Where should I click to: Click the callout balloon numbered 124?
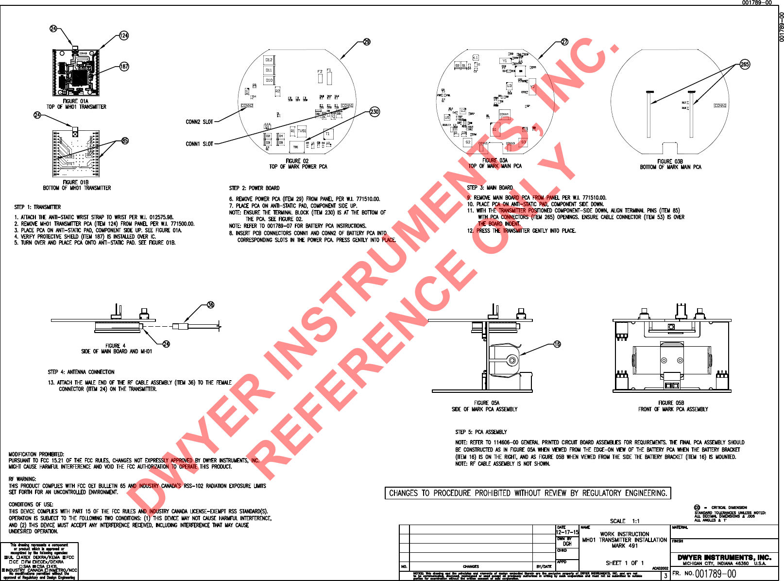(x=124, y=35)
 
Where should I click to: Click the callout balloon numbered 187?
(x=124, y=67)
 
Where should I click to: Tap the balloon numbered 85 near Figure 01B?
(x=125, y=141)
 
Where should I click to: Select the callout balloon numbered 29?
(x=367, y=42)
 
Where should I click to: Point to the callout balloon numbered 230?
(x=375, y=112)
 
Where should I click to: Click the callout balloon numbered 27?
(x=564, y=42)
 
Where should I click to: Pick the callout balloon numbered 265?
(x=745, y=64)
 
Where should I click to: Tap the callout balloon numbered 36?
(x=210, y=305)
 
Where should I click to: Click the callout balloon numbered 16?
(x=557, y=344)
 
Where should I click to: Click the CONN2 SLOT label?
(x=199, y=122)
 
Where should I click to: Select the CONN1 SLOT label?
(x=199, y=144)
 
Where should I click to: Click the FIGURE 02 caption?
(x=297, y=161)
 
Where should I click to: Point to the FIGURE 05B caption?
(x=671, y=403)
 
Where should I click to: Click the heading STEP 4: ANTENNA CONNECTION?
(x=81, y=372)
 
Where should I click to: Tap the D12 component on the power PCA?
(x=269, y=60)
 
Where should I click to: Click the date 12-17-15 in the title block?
(x=567, y=532)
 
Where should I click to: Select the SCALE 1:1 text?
(x=625, y=521)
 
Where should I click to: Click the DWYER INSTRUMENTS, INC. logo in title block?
(x=724, y=558)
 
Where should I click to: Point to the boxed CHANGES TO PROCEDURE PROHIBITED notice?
(x=528, y=493)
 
